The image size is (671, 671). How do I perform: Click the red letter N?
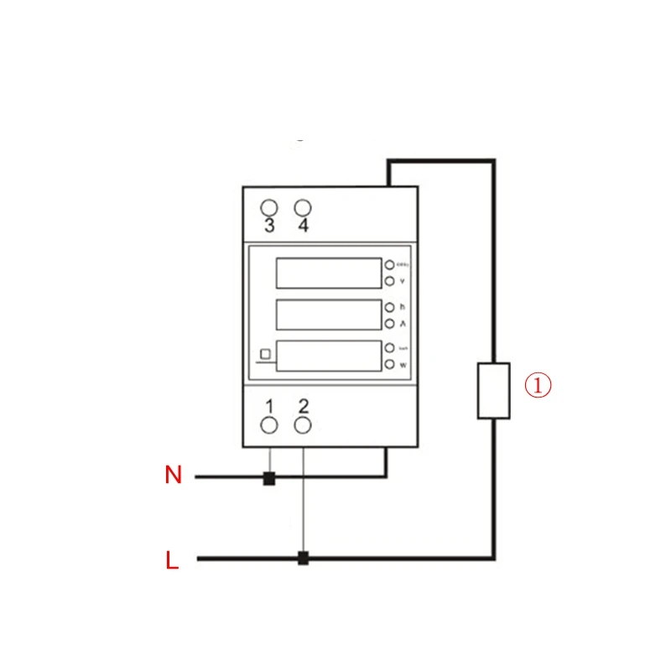(174, 476)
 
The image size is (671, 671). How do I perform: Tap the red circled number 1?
(538, 386)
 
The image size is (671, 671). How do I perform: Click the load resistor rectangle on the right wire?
(494, 391)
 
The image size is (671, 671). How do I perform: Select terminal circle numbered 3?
(269, 207)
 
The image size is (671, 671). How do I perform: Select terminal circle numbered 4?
(303, 207)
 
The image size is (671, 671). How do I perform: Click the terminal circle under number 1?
(269, 425)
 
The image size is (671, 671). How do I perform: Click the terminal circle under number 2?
(304, 425)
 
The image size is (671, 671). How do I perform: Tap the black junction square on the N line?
(269, 480)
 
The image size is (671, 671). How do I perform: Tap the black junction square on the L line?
(304, 558)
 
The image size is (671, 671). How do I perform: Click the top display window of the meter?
(328, 273)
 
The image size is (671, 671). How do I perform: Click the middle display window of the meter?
(328, 315)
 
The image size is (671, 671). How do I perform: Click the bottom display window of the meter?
(328, 356)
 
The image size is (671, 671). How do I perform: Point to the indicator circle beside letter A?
(389, 323)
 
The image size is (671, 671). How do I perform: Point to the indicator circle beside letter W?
(389, 364)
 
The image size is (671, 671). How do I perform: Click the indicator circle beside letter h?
(389, 307)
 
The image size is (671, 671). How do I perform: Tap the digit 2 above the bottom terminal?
(304, 407)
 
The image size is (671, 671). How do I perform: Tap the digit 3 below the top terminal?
(269, 226)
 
